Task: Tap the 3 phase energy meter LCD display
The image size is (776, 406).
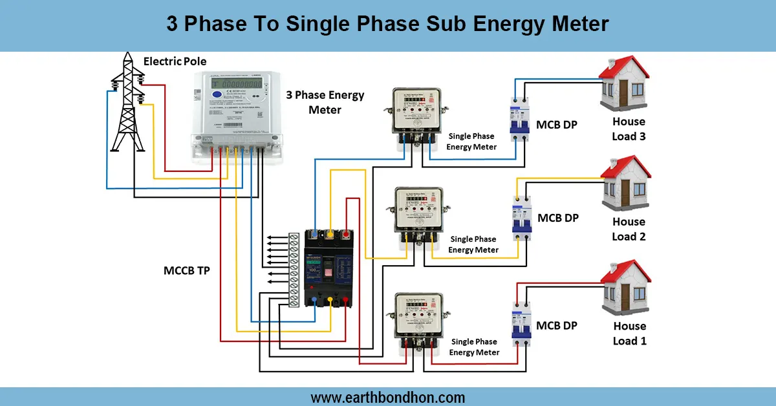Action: point(234,84)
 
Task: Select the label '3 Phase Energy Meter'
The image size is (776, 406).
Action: point(325,102)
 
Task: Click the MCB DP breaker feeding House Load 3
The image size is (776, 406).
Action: point(519,116)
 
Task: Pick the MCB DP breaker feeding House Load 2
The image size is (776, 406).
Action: point(521,218)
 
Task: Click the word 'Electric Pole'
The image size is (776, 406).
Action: point(175,61)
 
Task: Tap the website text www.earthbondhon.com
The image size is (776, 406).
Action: point(388,397)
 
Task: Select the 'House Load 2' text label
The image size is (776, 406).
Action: point(629,229)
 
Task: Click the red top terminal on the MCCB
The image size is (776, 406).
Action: point(347,234)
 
